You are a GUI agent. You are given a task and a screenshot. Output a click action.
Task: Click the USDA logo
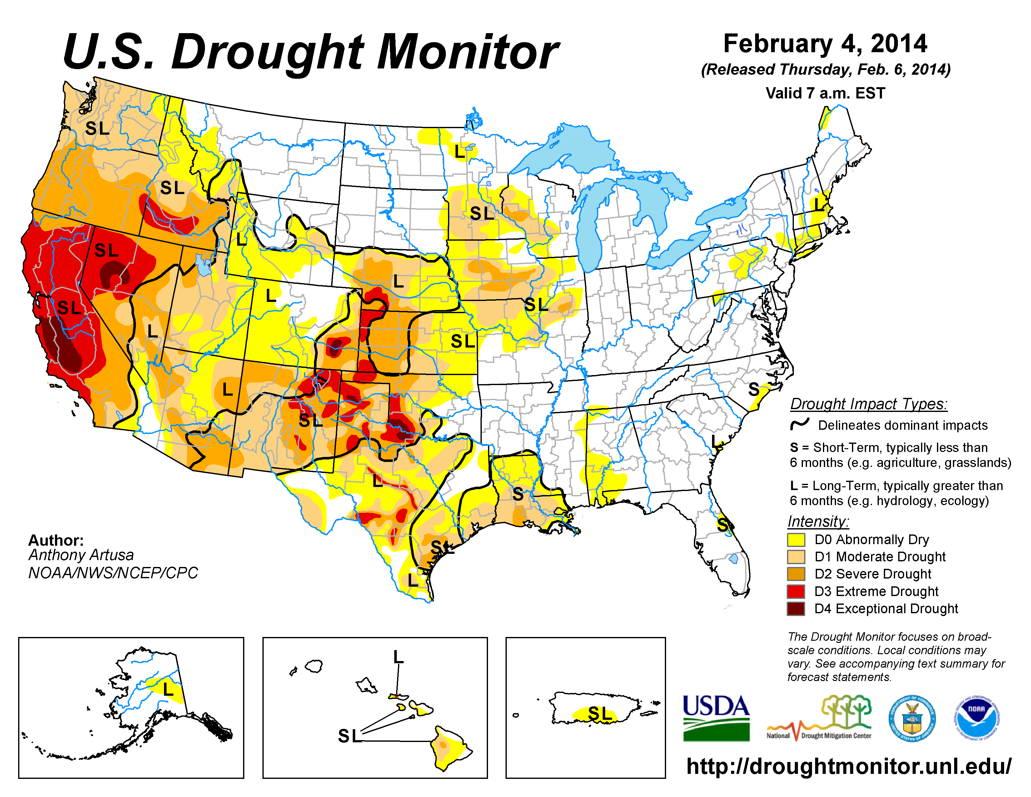pyautogui.click(x=716, y=718)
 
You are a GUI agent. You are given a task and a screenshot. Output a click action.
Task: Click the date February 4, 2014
pyautogui.click(x=825, y=43)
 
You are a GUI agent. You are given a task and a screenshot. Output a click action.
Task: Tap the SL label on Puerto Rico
pyautogui.click(x=600, y=714)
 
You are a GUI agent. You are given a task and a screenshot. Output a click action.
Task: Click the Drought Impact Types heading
pyautogui.click(x=869, y=404)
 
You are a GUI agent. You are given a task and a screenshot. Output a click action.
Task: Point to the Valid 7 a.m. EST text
pyautogui.click(x=825, y=93)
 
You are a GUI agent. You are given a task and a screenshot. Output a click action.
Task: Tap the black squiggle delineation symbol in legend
pyautogui.click(x=800, y=424)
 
